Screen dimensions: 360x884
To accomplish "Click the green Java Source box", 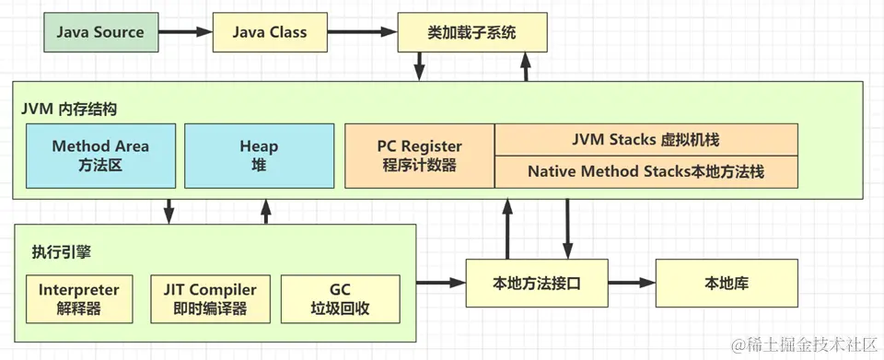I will click(x=99, y=32).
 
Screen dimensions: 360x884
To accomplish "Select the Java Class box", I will click(x=269, y=32).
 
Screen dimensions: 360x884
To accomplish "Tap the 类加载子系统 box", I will click(x=471, y=33).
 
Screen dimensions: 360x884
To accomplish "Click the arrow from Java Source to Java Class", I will click(x=184, y=32).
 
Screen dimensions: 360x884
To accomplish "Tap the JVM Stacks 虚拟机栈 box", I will click(x=646, y=140).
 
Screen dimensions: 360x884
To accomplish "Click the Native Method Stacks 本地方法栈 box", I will click(x=646, y=171).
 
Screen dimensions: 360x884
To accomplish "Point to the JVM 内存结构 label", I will click(x=69, y=108).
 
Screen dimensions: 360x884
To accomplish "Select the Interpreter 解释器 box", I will click(x=79, y=298).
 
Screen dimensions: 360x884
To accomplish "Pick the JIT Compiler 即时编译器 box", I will click(x=210, y=298).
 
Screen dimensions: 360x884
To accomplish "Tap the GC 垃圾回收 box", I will click(x=340, y=298).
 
